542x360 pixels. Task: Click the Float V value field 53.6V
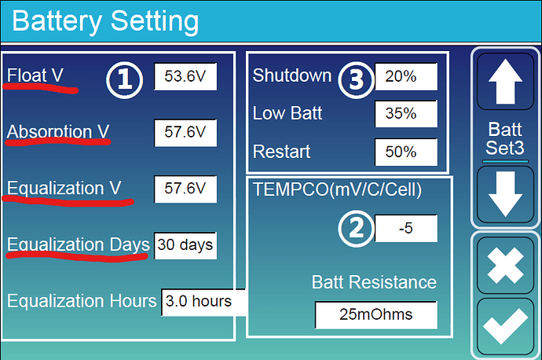tap(185, 76)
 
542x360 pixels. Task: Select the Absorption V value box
tap(185, 133)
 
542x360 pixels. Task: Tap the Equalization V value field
tap(185, 189)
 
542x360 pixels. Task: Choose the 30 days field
tap(185, 245)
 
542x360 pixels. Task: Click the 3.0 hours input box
tap(203, 302)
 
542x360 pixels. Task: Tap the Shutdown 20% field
tap(406, 76)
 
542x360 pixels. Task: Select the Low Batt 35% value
tap(406, 114)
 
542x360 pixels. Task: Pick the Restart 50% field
tap(406, 152)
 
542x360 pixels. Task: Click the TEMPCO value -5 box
tap(406, 228)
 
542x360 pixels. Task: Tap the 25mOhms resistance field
tap(376, 314)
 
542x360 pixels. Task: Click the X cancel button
tap(505, 266)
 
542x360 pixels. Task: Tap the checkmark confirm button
tap(505, 326)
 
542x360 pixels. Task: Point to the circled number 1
tap(124, 80)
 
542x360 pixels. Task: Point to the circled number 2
tap(357, 229)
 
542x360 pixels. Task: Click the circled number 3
tap(357, 80)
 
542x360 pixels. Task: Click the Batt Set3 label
tap(505, 138)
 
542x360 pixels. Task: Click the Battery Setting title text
tap(105, 21)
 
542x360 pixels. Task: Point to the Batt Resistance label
tap(374, 282)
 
